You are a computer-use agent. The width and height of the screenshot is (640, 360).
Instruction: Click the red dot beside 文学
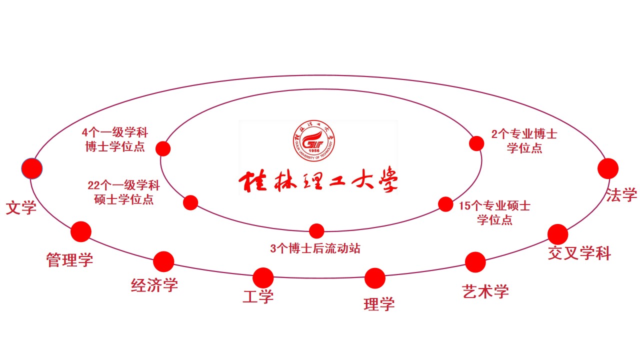click(x=32, y=168)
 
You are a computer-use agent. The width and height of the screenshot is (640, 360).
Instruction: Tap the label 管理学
click(x=69, y=259)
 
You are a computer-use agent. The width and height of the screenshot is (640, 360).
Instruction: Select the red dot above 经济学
click(x=163, y=261)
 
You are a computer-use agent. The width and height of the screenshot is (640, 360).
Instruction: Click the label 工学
click(x=258, y=296)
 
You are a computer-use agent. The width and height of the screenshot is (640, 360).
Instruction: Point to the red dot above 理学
click(x=375, y=278)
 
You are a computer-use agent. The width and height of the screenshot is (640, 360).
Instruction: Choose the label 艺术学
click(x=485, y=291)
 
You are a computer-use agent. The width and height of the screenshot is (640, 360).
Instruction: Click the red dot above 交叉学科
click(x=558, y=234)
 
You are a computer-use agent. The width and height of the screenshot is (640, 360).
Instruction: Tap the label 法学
click(x=621, y=194)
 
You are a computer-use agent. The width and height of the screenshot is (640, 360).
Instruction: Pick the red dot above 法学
click(x=608, y=168)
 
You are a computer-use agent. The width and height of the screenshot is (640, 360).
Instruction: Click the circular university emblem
click(x=314, y=141)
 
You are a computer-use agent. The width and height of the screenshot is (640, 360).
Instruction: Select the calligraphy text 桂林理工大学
click(x=318, y=182)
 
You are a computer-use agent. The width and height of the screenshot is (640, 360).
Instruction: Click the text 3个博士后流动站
click(x=315, y=248)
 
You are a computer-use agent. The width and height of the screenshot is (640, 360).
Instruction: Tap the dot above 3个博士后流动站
click(x=316, y=231)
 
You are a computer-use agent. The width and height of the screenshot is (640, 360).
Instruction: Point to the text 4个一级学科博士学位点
click(x=115, y=140)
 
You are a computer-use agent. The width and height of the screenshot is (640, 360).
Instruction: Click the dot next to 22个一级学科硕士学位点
click(x=190, y=202)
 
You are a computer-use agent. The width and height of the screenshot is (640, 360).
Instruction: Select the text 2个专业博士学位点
click(x=524, y=141)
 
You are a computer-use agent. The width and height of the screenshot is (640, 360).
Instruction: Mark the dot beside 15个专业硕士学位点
click(x=445, y=204)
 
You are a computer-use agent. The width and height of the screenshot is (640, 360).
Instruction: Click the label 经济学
click(x=154, y=285)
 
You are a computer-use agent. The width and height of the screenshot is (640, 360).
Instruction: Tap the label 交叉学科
click(x=579, y=253)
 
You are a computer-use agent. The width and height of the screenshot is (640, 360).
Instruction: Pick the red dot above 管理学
click(x=81, y=231)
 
